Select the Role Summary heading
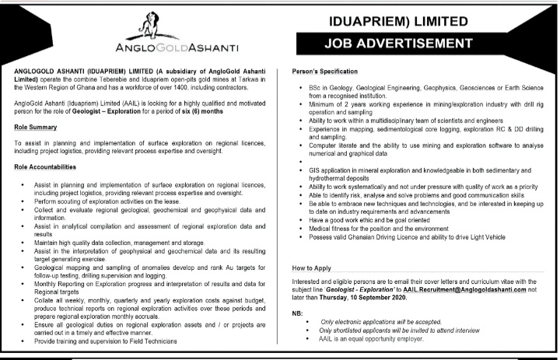pos(36,126)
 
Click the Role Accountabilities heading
pos(45,167)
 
